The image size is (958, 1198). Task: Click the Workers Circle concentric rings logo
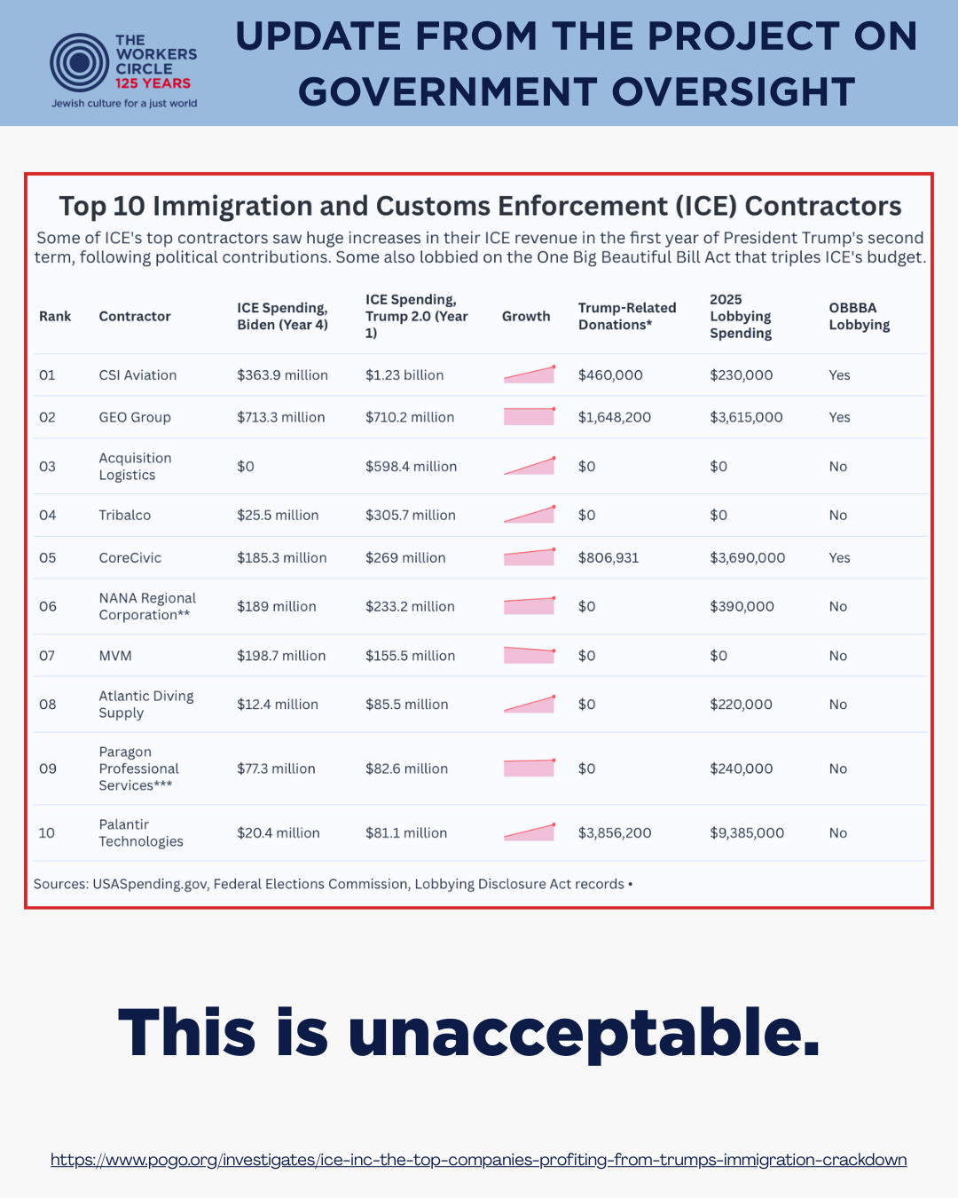[x=80, y=62]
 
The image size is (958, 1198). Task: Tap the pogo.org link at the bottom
[x=478, y=1160]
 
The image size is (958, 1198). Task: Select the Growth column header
[x=526, y=316]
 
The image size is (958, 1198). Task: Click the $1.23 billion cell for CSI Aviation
[x=404, y=375]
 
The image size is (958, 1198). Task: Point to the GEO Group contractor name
[x=135, y=417]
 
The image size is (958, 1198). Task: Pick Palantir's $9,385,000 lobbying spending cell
[x=747, y=833]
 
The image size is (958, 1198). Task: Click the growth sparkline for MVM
[x=530, y=656]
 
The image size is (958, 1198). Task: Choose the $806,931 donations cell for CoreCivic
[x=609, y=558]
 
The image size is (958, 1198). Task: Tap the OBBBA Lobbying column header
[x=859, y=316]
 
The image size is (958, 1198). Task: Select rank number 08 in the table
[x=48, y=705]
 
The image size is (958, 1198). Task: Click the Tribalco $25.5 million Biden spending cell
[x=278, y=516]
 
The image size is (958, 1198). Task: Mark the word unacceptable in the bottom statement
[x=584, y=1034]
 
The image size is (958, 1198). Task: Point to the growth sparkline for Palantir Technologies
[x=530, y=832]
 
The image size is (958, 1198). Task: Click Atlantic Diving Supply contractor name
[x=146, y=705]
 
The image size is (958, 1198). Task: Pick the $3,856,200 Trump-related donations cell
[x=615, y=833]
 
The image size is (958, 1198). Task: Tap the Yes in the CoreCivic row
[x=839, y=558]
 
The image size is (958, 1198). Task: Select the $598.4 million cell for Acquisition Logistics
[x=411, y=467]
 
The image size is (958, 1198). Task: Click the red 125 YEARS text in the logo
[x=153, y=83]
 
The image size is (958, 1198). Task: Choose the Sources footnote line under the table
[x=333, y=884]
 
